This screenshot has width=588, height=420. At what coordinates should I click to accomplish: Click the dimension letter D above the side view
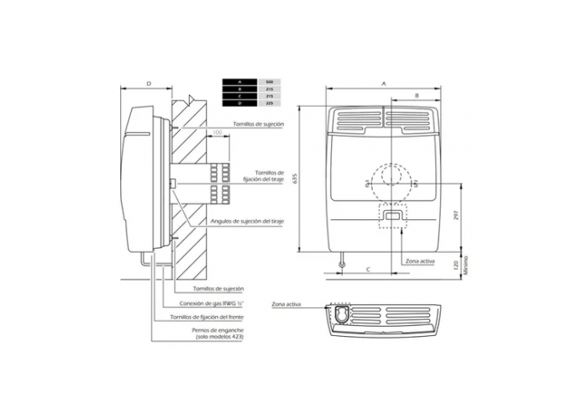point(149,84)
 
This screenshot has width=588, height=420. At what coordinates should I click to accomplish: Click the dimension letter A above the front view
point(383,84)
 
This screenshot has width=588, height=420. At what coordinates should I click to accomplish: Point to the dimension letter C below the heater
point(369,268)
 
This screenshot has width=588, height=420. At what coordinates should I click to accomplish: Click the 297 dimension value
point(454,214)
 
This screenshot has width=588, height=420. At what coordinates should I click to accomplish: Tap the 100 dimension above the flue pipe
point(217,133)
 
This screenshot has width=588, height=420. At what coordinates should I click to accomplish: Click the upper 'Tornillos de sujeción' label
point(260,123)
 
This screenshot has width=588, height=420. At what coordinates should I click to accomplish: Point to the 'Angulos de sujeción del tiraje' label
point(248,220)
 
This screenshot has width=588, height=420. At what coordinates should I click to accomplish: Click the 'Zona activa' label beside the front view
point(419,261)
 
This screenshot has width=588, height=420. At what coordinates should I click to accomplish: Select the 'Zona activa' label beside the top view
point(286,303)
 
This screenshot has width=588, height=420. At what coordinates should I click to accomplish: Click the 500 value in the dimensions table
point(268,81)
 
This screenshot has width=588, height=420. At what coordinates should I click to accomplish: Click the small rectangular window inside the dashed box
point(392,216)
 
